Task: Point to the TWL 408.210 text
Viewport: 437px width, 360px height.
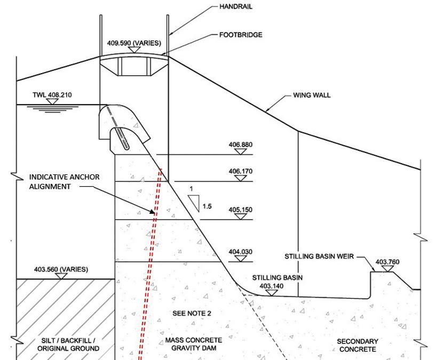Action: pyautogui.click(x=52, y=95)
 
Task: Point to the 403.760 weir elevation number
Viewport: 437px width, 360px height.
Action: pyautogui.click(x=387, y=262)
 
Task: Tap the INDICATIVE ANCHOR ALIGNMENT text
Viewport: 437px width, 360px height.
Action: pyautogui.click(x=64, y=181)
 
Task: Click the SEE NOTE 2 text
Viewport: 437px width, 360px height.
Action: pyautogui.click(x=193, y=313)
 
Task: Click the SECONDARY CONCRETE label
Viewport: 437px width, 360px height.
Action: pyautogui.click(x=357, y=345)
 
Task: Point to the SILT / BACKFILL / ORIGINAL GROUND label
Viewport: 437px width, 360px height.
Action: pyautogui.click(x=68, y=344)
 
